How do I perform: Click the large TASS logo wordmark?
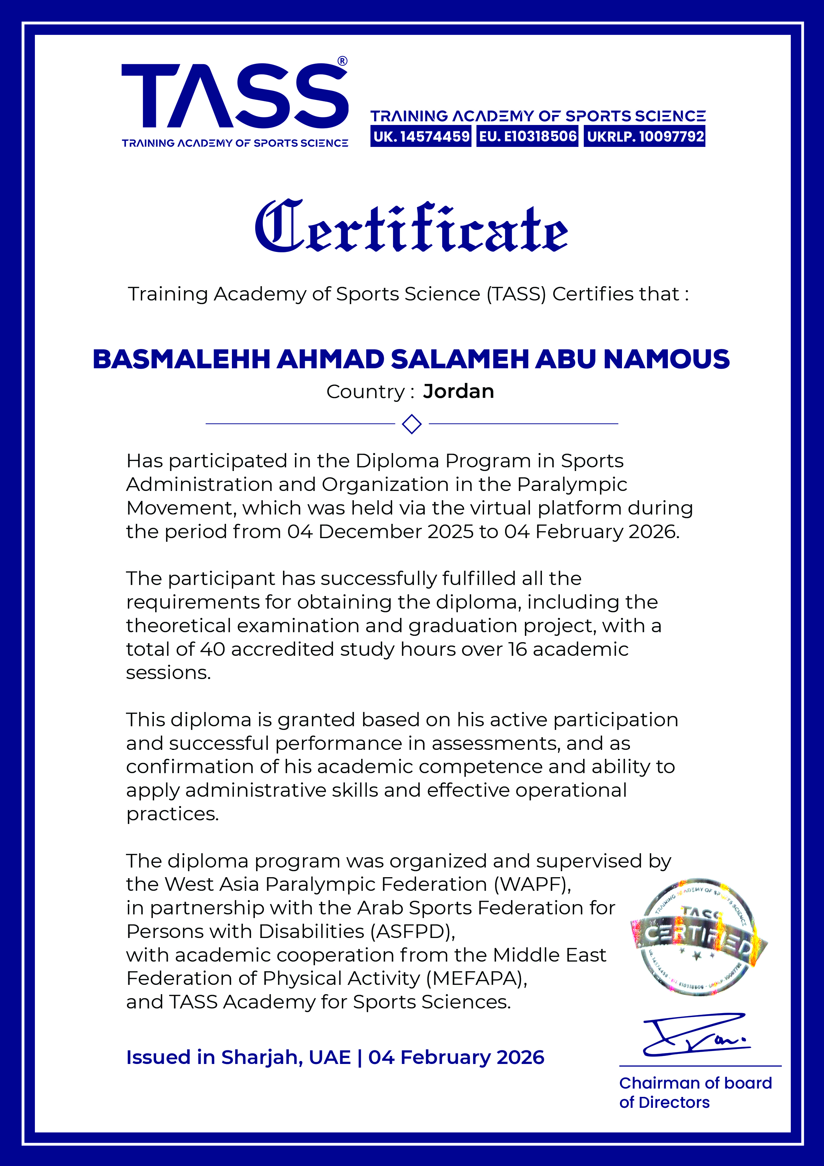(x=235, y=96)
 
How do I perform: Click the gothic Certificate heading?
(x=411, y=227)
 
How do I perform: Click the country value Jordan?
(x=458, y=392)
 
